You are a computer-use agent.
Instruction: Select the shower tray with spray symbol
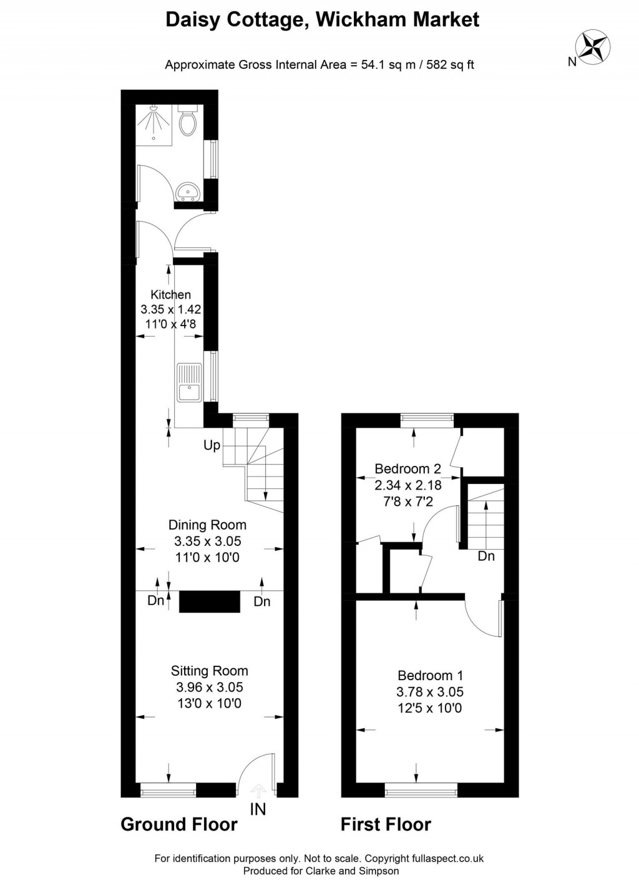pyautogui.click(x=154, y=124)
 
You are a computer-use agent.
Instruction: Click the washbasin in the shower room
pyautogui.click(x=188, y=191)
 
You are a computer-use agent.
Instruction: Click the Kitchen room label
pyautogui.click(x=171, y=295)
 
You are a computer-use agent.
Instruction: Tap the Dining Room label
pyautogui.click(x=207, y=525)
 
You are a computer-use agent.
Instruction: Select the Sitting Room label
pyautogui.click(x=210, y=671)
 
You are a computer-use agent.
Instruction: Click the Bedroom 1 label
pyautogui.click(x=430, y=675)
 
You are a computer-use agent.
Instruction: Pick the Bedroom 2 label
pyautogui.click(x=407, y=468)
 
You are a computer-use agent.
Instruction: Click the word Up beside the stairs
pyautogui.click(x=212, y=446)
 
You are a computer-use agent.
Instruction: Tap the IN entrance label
pyautogui.click(x=258, y=809)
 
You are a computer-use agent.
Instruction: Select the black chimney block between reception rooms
pyautogui.click(x=210, y=601)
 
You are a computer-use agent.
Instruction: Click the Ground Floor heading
pyautogui.click(x=179, y=824)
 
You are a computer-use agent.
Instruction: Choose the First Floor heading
pyautogui.click(x=386, y=824)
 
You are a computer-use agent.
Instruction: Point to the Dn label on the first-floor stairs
pyautogui.click(x=486, y=556)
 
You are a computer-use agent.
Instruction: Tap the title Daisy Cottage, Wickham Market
pyautogui.click(x=322, y=19)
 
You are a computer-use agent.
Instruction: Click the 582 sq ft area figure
pyautogui.click(x=450, y=64)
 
